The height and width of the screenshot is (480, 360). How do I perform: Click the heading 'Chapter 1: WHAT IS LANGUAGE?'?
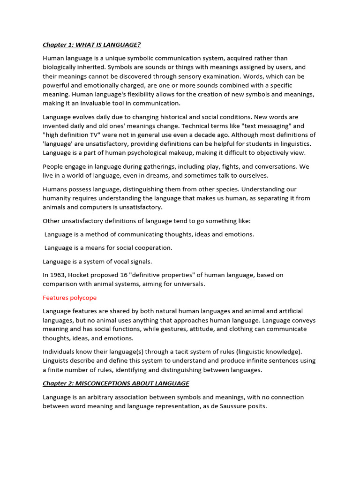tap(91, 45)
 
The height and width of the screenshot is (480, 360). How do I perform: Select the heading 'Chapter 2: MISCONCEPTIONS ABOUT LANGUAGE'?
tap(116, 383)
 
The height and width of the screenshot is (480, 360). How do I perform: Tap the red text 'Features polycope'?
tap(69, 298)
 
